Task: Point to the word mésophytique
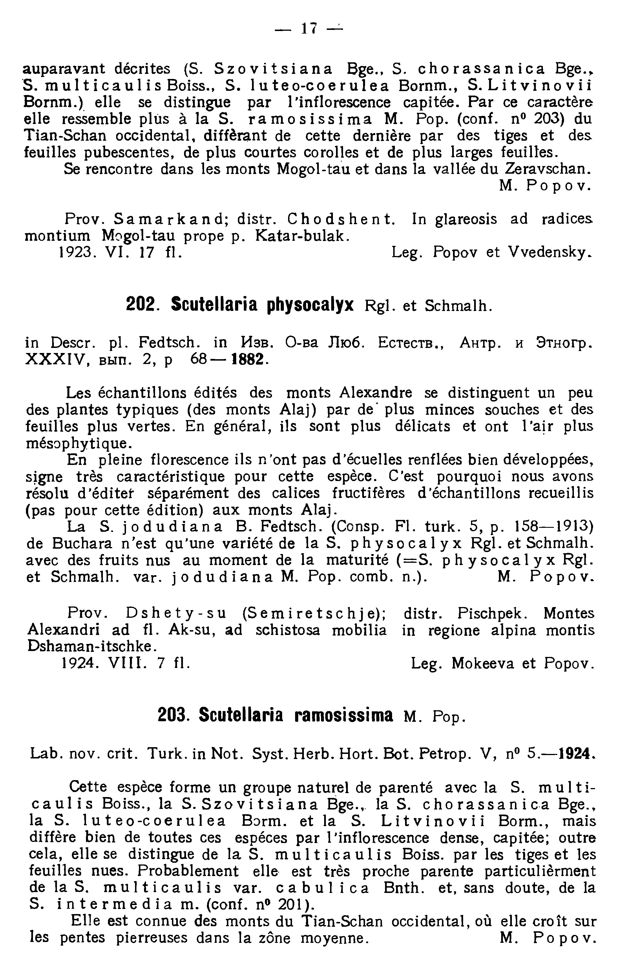79,444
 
